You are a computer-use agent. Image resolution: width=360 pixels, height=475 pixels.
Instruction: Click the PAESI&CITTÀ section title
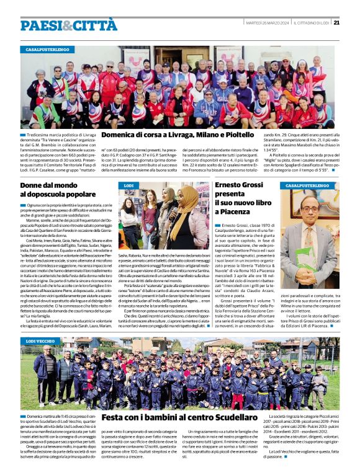(x=68, y=25)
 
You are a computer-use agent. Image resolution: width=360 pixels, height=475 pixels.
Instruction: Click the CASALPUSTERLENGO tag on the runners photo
(x=47, y=49)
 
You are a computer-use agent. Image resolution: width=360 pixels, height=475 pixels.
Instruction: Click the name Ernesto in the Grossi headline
(x=234, y=185)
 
